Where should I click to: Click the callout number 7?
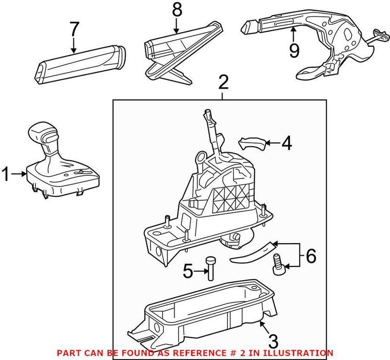click(74, 29)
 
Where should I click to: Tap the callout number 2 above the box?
click(223, 83)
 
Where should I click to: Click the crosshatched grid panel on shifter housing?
click(233, 195)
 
